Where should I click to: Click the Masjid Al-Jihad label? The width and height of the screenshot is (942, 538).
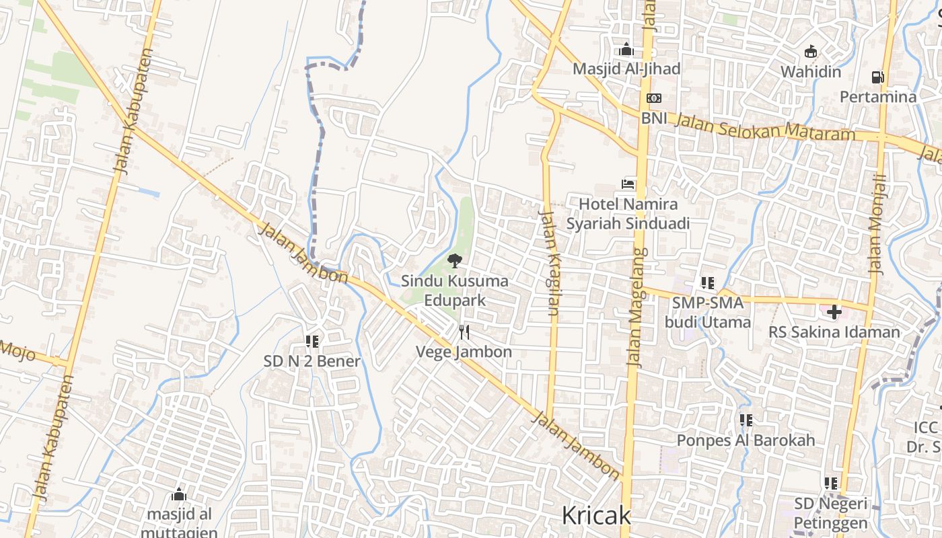click(x=626, y=69)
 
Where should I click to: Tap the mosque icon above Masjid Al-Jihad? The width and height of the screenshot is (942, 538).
click(x=626, y=49)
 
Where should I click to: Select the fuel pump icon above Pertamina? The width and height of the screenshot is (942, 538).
click(x=877, y=77)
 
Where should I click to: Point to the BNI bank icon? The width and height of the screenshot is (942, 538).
click(x=653, y=98)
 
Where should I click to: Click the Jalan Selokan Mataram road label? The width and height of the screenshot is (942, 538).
click(x=764, y=127)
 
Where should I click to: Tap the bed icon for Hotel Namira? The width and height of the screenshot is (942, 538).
click(x=628, y=184)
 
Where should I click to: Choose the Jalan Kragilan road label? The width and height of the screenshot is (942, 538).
click(x=550, y=263)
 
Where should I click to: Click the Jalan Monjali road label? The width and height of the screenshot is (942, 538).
click(x=877, y=224)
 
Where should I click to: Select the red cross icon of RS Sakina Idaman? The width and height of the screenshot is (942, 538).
click(x=834, y=311)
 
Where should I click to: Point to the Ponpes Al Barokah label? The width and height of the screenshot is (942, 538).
click(x=746, y=440)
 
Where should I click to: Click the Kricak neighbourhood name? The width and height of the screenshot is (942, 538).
click(x=596, y=516)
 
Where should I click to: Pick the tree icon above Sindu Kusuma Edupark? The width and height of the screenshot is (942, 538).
click(x=454, y=261)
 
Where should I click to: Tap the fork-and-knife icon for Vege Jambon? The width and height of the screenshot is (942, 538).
click(x=464, y=332)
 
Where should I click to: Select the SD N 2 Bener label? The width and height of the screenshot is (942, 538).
click(x=312, y=361)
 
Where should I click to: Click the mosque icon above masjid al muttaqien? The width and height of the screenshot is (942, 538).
click(x=178, y=495)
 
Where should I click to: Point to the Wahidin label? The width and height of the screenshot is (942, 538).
click(x=811, y=72)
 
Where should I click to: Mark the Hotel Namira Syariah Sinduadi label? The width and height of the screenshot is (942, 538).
click(x=628, y=213)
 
